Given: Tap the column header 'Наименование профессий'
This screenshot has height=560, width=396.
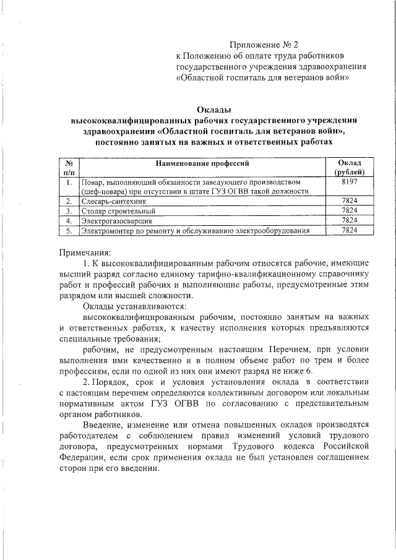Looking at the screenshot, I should pos(202,164).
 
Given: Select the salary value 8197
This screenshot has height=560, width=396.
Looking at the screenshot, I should pos(350,183).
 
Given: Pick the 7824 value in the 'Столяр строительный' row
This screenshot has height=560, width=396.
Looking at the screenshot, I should pos(350,211).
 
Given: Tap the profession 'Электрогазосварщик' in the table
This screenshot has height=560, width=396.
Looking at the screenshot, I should pos(116,220).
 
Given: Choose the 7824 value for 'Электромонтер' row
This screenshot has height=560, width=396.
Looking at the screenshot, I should pos(350,230).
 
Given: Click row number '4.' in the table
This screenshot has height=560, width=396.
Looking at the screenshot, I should pos(69,220).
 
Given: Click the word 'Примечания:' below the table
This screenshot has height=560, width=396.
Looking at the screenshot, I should pos(85,252).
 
